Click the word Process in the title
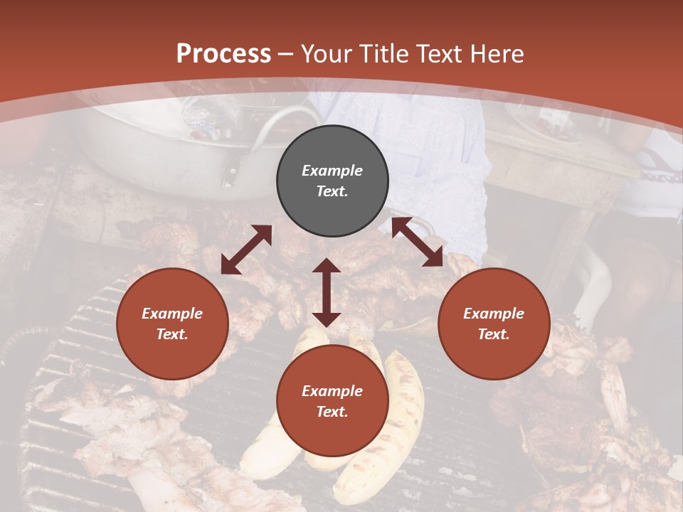point(223,54)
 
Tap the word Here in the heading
point(496,54)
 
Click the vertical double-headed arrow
point(327,292)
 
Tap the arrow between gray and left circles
point(246,250)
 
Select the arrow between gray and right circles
point(418,242)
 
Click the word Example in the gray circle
point(332,171)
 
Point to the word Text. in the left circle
point(172,334)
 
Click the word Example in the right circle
point(494,314)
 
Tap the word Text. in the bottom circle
point(332,412)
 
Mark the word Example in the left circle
point(172,314)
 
